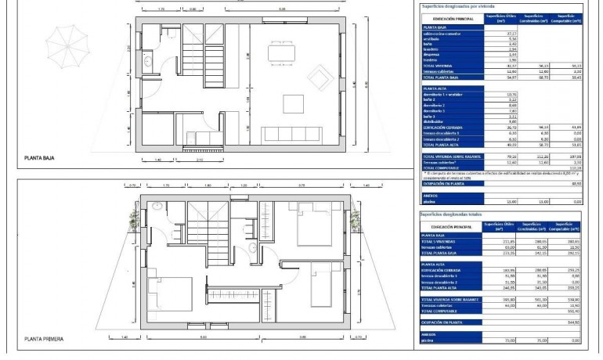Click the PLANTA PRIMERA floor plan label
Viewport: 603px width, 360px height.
click(x=45, y=339)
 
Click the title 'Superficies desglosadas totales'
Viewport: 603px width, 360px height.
click(x=455, y=213)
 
